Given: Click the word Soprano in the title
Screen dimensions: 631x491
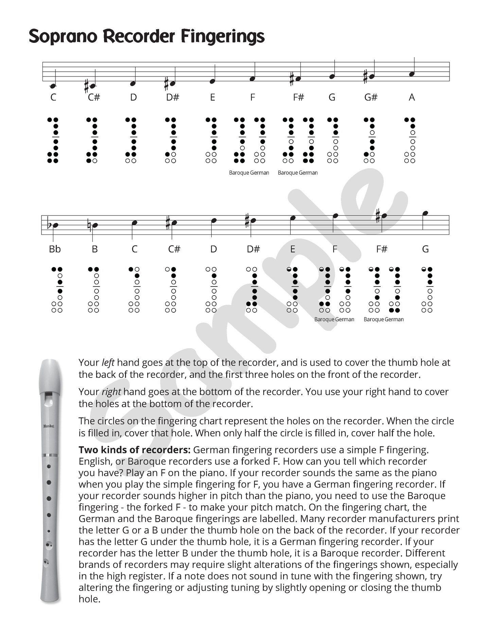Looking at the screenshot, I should tap(63, 36).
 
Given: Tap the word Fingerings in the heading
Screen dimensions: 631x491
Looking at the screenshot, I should tap(223, 37).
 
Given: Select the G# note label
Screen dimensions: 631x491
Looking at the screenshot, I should tap(371, 98).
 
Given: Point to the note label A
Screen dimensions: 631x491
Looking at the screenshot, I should tap(411, 98).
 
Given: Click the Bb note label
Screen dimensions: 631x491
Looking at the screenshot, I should tap(55, 249).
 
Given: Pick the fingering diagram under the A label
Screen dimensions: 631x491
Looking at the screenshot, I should tap(410, 140).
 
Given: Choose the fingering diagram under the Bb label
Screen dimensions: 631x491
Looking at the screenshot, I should tap(57, 290).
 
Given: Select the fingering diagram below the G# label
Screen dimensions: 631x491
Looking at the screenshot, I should tap(369, 140).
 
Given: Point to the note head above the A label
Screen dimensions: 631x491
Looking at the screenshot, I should tap(412, 74).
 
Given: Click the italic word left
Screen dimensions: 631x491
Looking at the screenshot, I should tap(108, 363).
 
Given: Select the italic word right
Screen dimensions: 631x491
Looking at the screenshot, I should tap(111, 392).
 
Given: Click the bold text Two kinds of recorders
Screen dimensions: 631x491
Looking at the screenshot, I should tap(135, 450).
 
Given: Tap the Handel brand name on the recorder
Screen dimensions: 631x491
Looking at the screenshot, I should tap(49, 426).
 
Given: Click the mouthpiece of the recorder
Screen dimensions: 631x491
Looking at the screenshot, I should tap(50, 374).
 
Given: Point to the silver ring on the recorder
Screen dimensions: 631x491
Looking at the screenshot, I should tap(50, 455).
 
